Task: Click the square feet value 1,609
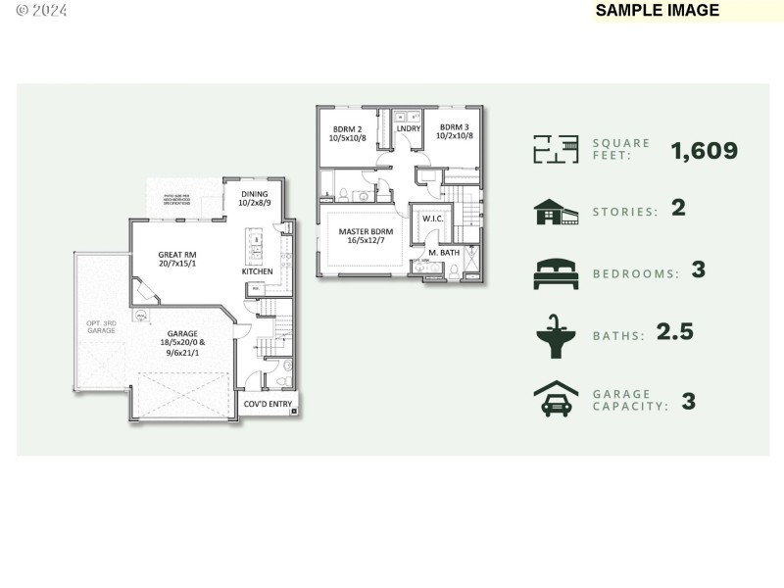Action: click(x=704, y=151)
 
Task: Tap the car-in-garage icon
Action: click(x=556, y=399)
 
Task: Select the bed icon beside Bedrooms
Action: click(x=556, y=273)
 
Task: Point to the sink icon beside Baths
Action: click(x=555, y=335)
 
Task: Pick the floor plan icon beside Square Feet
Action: click(x=555, y=149)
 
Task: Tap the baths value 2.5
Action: click(x=674, y=332)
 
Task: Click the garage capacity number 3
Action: click(x=688, y=400)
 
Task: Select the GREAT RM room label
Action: click(x=177, y=258)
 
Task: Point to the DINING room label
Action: click(x=255, y=198)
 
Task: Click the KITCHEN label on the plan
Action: click(x=258, y=271)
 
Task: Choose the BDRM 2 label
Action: click(x=348, y=132)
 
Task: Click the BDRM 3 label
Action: click(x=455, y=130)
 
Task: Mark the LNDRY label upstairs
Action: click(x=408, y=128)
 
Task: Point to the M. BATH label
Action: click(x=443, y=253)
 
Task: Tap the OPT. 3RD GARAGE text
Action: click(x=101, y=326)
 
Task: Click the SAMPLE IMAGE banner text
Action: click(x=658, y=11)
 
